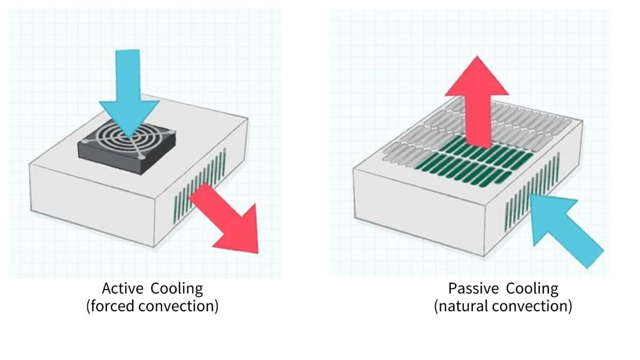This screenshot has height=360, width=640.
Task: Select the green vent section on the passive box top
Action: [x=474, y=160]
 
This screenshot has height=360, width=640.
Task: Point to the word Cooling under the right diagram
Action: [x=532, y=289]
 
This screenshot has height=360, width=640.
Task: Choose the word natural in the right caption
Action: [x=460, y=307]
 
